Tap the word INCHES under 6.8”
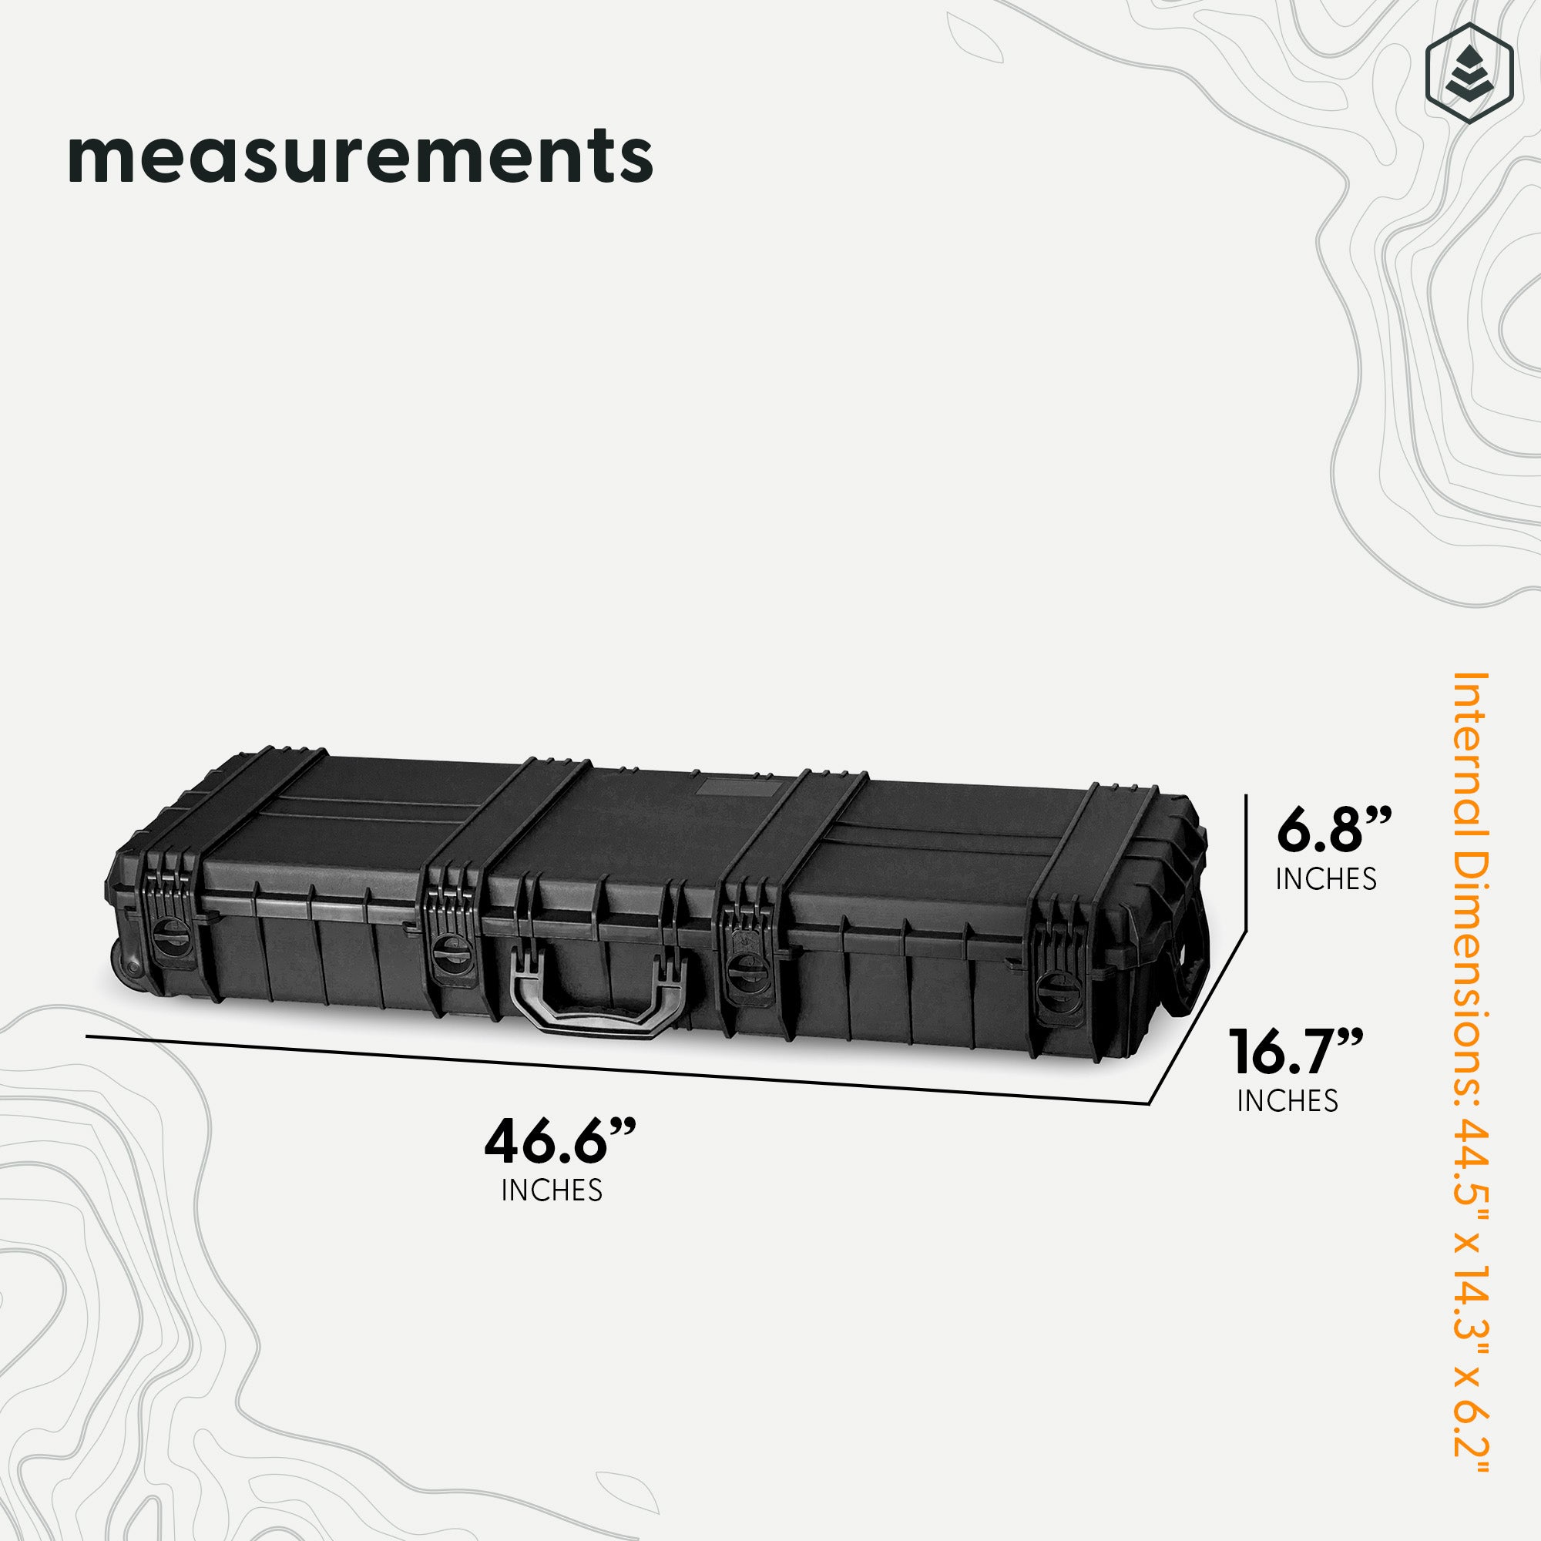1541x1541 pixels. (1327, 878)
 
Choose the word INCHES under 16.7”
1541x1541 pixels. (1288, 1102)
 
